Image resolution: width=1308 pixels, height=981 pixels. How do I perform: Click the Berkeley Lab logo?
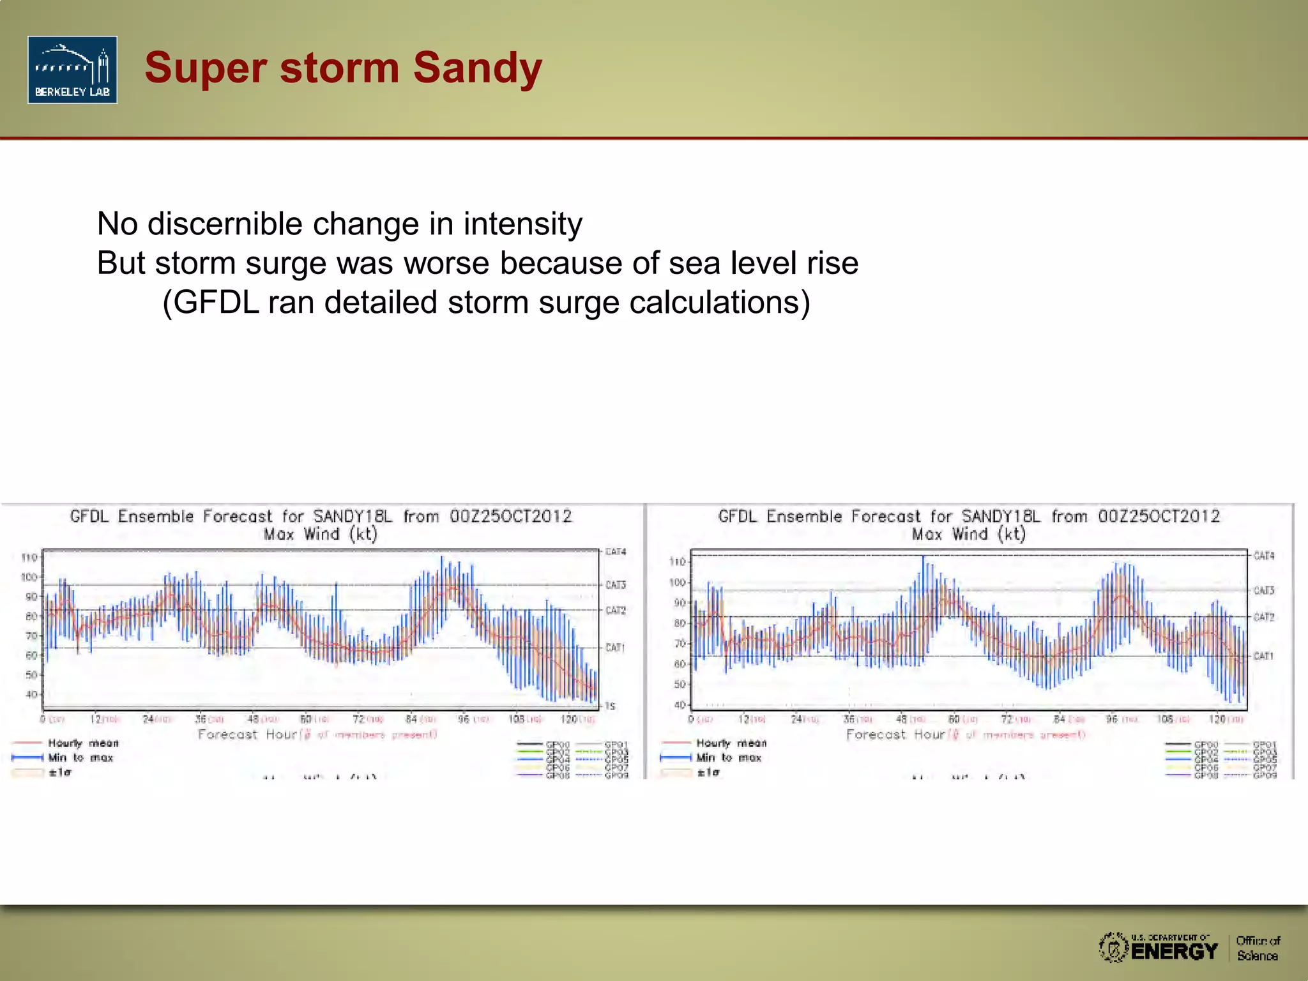(72, 70)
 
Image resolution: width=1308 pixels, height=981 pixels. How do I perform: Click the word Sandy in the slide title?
(477, 68)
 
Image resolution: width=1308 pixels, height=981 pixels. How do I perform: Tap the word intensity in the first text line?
(522, 224)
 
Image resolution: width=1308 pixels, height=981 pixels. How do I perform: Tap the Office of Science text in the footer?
(1257, 948)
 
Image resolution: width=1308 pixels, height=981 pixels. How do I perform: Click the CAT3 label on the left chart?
(616, 585)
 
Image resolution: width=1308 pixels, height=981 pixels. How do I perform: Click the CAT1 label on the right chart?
(1263, 656)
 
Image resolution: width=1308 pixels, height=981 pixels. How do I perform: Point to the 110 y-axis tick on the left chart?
(29, 558)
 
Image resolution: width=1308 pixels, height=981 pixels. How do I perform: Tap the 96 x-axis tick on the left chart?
(464, 719)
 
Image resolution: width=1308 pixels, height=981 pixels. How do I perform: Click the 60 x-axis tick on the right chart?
(954, 719)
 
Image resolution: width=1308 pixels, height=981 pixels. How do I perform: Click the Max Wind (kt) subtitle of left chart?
(321, 534)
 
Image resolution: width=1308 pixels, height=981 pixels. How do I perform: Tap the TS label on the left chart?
(610, 706)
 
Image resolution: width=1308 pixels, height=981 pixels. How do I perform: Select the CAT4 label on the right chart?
(1263, 556)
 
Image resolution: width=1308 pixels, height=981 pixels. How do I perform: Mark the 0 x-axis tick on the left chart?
(43, 719)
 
